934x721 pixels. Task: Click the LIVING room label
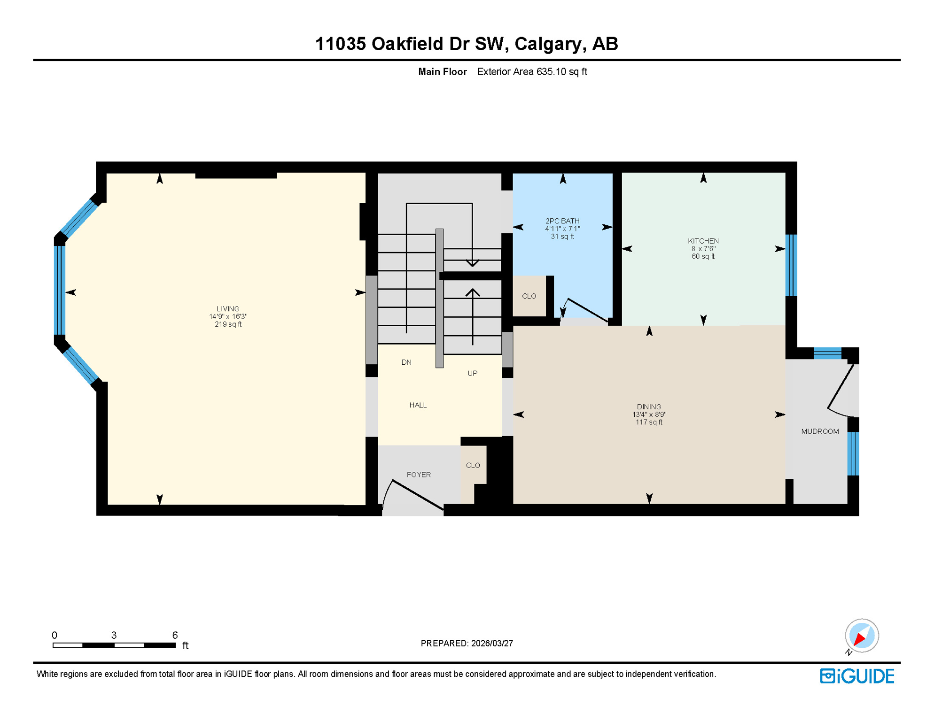(x=228, y=308)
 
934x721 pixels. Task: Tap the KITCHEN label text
(x=703, y=241)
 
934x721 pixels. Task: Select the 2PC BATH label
(x=562, y=221)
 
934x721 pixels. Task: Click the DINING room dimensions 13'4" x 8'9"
(x=649, y=414)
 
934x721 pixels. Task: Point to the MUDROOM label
(x=820, y=431)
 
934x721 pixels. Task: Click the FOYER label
(x=419, y=475)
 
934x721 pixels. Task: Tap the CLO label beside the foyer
(x=473, y=465)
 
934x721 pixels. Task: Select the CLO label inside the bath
(x=529, y=296)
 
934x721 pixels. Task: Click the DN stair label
(x=406, y=362)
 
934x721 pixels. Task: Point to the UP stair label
(x=472, y=373)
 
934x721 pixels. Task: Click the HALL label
(x=418, y=405)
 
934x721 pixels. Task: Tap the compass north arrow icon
(x=862, y=636)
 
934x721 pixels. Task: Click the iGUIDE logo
(x=857, y=676)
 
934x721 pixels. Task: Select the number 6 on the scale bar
(x=175, y=635)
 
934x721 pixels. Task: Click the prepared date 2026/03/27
(x=492, y=643)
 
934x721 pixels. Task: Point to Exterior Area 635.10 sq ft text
(x=532, y=72)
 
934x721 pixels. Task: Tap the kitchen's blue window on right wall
(x=791, y=265)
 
